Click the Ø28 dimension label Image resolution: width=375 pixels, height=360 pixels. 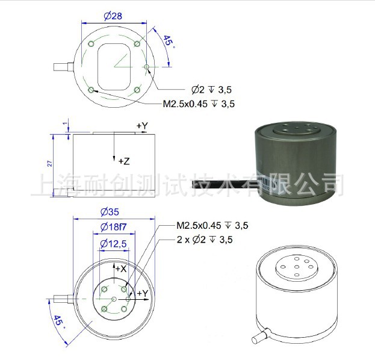pyautogui.click(x=113, y=16)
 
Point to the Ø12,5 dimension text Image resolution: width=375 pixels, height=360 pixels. pyautogui.click(x=114, y=244)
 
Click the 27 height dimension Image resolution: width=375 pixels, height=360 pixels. pyautogui.click(x=50, y=163)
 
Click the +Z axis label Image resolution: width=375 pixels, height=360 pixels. pyautogui.click(x=124, y=161)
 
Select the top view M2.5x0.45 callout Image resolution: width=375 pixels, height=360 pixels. pyautogui.click(x=199, y=104)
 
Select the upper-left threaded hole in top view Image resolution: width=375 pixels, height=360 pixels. pyautogui.click(x=91, y=44)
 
